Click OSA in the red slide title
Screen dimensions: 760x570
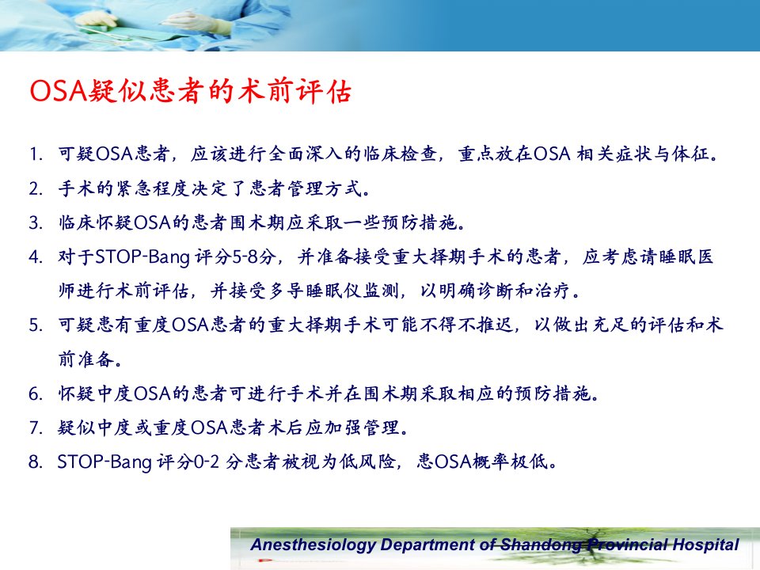point(58,90)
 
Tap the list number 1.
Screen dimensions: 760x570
point(36,154)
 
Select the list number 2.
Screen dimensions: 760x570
point(36,188)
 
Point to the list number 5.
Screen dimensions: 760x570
point(36,325)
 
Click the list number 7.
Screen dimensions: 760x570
point(36,427)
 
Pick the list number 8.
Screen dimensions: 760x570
point(36,462)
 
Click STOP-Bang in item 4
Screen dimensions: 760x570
point(142,257)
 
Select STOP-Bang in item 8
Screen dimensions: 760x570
point(104,462)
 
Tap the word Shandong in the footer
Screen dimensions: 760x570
point(541,545)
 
